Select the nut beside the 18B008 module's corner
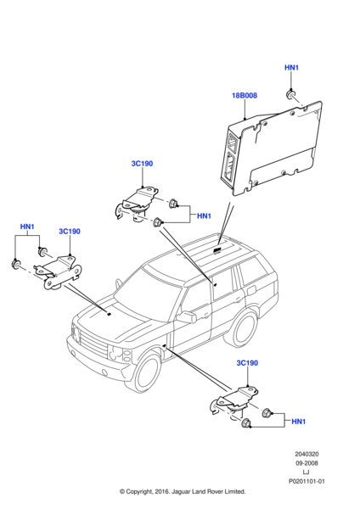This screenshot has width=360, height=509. tap(290, 93)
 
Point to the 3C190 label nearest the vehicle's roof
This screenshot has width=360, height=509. tap(142, 164)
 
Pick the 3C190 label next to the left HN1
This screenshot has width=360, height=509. tap(69, 231)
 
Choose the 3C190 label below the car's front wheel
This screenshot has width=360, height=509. tap(247, 363)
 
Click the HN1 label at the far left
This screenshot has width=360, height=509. tap(27, 227)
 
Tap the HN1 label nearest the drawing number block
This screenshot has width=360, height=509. tap(298, 422)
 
